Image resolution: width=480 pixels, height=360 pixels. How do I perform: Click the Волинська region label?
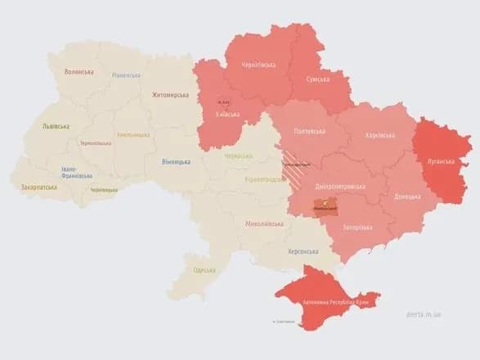coord(79,72)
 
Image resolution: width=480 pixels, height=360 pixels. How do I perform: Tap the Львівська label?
coord(56,127)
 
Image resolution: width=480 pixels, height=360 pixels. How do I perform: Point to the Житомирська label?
coord(169,95)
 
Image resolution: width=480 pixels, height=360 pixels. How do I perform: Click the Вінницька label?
coord(176,161)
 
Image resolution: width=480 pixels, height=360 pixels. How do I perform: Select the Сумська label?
coord(318,79)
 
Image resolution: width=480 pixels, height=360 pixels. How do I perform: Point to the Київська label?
coord(227,115)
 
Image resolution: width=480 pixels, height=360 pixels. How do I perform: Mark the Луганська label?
coord(440,161)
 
